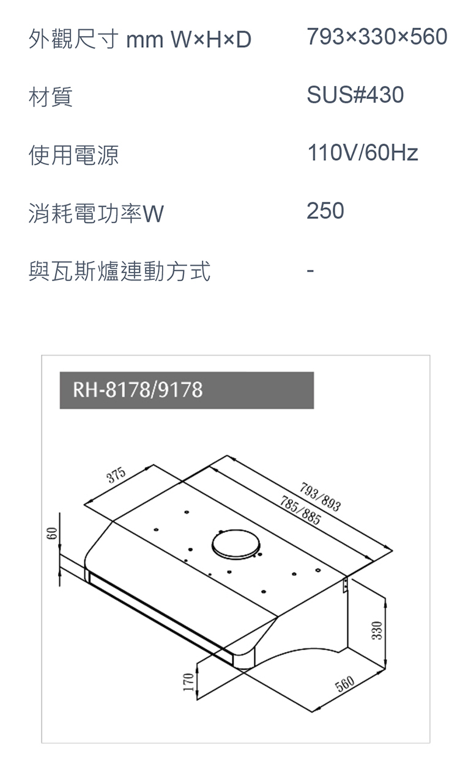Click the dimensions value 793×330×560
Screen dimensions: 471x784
tap(377, 37)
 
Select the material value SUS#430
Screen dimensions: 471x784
tap(355, 95)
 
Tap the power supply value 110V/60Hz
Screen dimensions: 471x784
tap(362, 153)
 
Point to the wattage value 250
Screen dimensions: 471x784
tap(325, 211)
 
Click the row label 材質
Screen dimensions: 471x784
tap(51, 97)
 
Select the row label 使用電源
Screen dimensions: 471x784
tap(73, 155)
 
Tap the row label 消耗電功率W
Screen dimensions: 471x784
tap(96, 213)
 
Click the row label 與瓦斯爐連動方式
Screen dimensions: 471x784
tap(119, 271)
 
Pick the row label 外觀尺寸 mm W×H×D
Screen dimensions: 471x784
tap(139, 40)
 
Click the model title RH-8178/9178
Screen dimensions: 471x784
tap(138, 389)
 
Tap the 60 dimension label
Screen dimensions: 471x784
tap(52, 533)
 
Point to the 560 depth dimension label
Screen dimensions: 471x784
tap(344, 684)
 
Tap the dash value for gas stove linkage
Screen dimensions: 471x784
tap(311, 269)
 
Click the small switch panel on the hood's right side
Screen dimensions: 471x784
tap(345, 585)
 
